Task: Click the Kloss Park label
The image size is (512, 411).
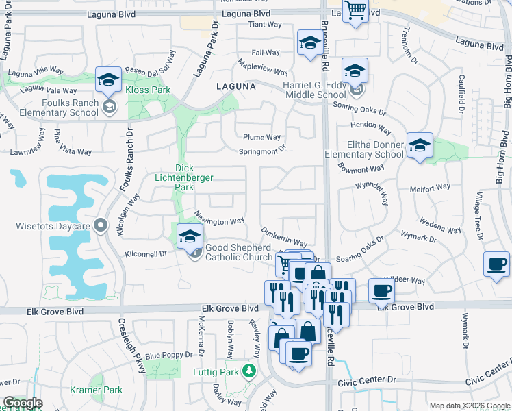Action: [x=149, y=90]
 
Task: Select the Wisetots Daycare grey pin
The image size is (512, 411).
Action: [x=101, y=225]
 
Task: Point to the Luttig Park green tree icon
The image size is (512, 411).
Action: [x=250, y=372]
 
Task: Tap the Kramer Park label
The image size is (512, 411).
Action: [x=96, y=390]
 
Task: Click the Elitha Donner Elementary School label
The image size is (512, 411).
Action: [x=365, y=149]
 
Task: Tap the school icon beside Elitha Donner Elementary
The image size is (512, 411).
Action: [x=420, y=146]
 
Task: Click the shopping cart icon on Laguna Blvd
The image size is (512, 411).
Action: [x=355, y=11]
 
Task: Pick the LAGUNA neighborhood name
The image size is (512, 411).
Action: [x=235, y=87]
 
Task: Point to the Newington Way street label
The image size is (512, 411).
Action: [x=220, y=221]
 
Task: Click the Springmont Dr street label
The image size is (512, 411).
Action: [x=261, y=151]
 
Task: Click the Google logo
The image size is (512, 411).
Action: [x=23, y=403]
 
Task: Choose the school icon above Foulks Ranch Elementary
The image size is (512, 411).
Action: [x=108, y=79]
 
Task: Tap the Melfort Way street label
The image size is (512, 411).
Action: [x=431, y=186]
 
